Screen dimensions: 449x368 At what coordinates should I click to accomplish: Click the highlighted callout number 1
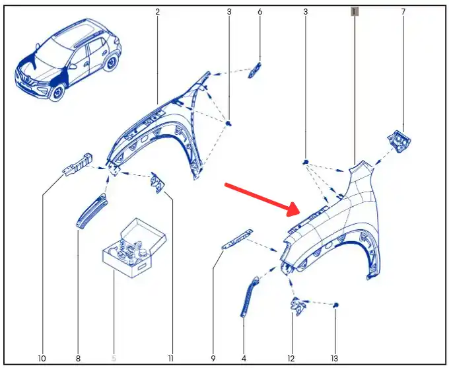coord(355,12)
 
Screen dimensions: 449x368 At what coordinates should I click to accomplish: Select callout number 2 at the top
coord(157,12)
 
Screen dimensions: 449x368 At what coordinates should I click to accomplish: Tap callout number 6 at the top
coord(259,12)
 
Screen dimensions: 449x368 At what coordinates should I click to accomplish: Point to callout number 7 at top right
coord(403,12)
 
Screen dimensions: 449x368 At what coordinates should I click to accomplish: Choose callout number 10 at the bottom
coord(42,358)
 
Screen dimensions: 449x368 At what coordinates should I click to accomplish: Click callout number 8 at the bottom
coord(78,358)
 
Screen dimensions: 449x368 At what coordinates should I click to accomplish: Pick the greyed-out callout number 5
coord(114,358)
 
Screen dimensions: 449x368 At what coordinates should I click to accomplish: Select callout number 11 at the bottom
coord(170,358)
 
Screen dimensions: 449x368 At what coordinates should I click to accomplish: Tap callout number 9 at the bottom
coord(213,358)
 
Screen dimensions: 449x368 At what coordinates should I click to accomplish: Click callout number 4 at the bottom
coord(244,358)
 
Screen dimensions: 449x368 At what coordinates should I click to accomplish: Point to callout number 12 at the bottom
coord(291,358)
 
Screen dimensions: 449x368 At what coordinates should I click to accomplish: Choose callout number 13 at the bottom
coord(335,358)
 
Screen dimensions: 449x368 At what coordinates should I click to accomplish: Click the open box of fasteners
coord(134,248)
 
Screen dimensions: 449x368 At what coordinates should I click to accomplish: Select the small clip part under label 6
coord(255,70)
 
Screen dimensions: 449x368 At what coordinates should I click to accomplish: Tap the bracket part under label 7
coord(399,141)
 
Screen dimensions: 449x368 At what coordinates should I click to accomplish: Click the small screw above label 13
coord(336,305)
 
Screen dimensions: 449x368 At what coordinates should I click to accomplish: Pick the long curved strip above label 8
coord(92,211)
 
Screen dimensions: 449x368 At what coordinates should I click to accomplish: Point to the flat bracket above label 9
coord(237,239)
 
